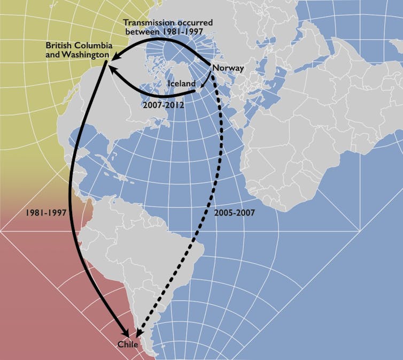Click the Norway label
(228, 68)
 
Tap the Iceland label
(181, 84)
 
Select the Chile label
(128, 344)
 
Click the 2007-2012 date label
(164, 105)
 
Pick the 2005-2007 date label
(234, 212)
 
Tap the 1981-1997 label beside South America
(45, 212)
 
